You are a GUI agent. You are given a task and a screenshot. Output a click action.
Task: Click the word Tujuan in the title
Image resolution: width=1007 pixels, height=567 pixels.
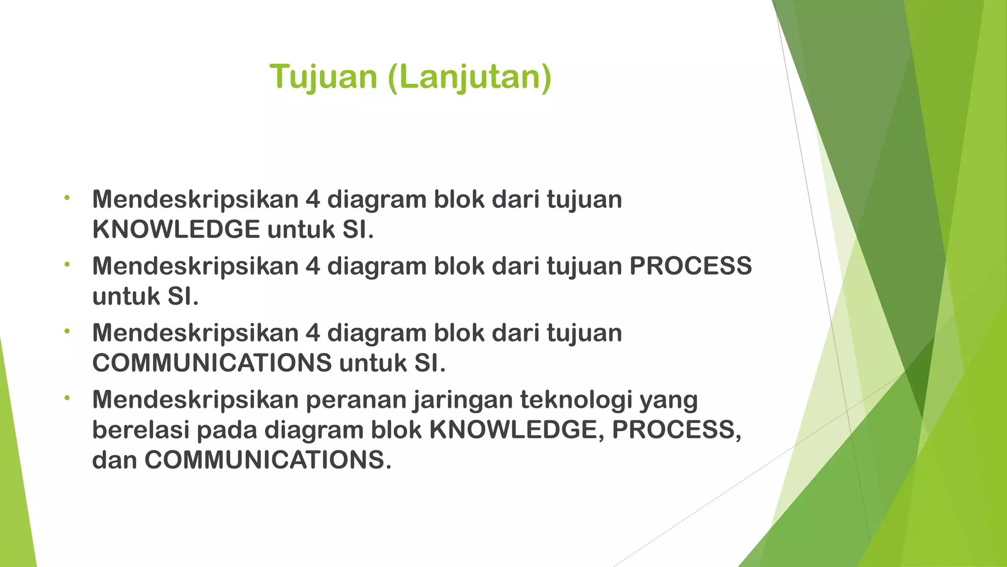(x=323, y=77)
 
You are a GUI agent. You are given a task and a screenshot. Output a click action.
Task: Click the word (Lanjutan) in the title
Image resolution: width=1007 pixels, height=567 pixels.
(x=470, y=77)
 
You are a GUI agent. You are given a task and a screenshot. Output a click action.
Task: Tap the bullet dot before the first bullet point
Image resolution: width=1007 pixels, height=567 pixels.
(x=67, y=198)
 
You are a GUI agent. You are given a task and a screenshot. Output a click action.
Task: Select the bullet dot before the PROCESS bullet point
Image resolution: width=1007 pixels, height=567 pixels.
(x=67, y=265)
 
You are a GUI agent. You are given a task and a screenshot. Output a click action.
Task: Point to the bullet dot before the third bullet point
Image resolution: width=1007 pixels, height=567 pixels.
(x=67, y=331)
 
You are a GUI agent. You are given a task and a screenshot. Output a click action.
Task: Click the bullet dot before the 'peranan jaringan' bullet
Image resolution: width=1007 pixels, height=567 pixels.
(x=67, y=398)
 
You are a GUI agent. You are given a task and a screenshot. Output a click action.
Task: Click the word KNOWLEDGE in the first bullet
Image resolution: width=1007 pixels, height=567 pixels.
(x=176, y=230)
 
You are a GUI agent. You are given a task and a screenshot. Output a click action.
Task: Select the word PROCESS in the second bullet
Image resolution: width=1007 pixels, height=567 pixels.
(x=690, y=266)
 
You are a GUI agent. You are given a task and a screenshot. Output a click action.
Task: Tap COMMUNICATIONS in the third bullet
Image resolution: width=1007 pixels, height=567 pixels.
(x=212, y=363)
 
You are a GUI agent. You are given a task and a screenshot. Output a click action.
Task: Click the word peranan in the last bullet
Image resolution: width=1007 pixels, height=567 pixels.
(x=355, y=400)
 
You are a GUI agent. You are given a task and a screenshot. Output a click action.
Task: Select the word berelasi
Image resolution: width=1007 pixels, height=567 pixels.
(x=141, y=430)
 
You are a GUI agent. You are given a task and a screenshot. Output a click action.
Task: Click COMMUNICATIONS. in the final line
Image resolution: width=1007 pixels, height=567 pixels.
(x=267, y=460)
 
